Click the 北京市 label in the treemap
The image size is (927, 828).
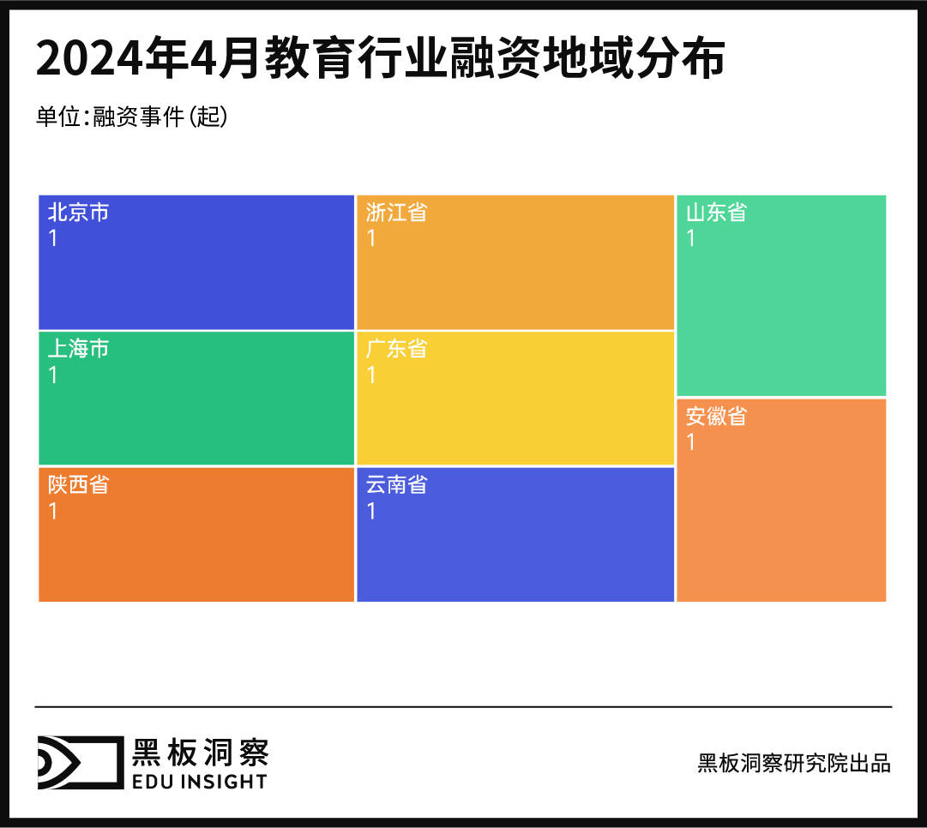78,213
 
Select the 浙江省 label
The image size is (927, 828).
396,213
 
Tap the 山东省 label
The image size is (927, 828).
716,213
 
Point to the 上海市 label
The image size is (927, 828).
78,350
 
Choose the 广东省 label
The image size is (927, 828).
396,350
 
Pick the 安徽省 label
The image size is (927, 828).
716,417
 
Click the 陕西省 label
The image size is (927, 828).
78,485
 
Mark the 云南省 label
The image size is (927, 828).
396,485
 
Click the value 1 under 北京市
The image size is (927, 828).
53,238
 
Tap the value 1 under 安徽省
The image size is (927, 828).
691,442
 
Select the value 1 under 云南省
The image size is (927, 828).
371,512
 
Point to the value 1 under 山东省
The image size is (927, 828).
691,238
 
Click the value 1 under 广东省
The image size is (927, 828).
371,375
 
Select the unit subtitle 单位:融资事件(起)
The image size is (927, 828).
131,117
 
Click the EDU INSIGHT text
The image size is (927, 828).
199,781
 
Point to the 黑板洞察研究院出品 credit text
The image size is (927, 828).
794,763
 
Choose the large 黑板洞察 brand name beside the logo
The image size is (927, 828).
200,752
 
